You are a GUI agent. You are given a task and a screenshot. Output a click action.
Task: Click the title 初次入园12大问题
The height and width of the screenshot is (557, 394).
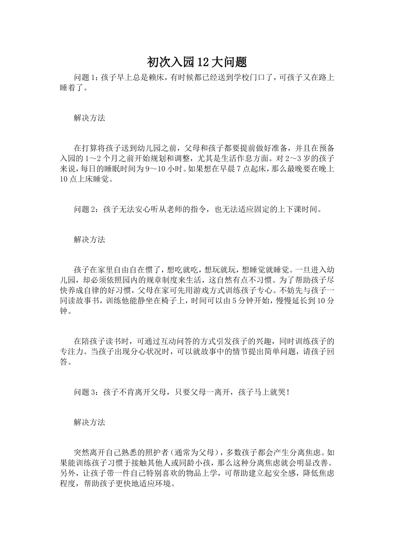197,62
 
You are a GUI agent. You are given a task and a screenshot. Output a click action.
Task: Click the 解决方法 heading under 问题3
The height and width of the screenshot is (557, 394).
90,422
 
